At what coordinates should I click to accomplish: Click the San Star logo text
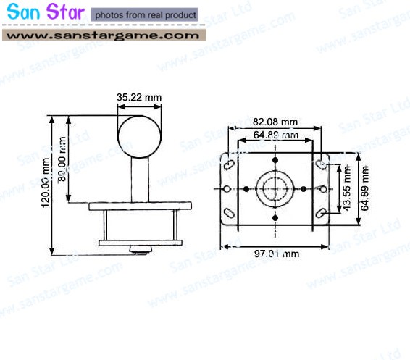point(45,14)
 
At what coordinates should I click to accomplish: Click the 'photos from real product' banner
point(145,14)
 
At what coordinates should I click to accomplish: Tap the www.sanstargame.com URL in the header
point(104,35)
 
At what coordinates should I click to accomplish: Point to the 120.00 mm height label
point(46,185)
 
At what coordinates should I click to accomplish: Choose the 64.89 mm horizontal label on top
point(275,135)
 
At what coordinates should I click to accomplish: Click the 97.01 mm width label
point(275,254)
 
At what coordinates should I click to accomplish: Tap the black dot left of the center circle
point(246,189)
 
